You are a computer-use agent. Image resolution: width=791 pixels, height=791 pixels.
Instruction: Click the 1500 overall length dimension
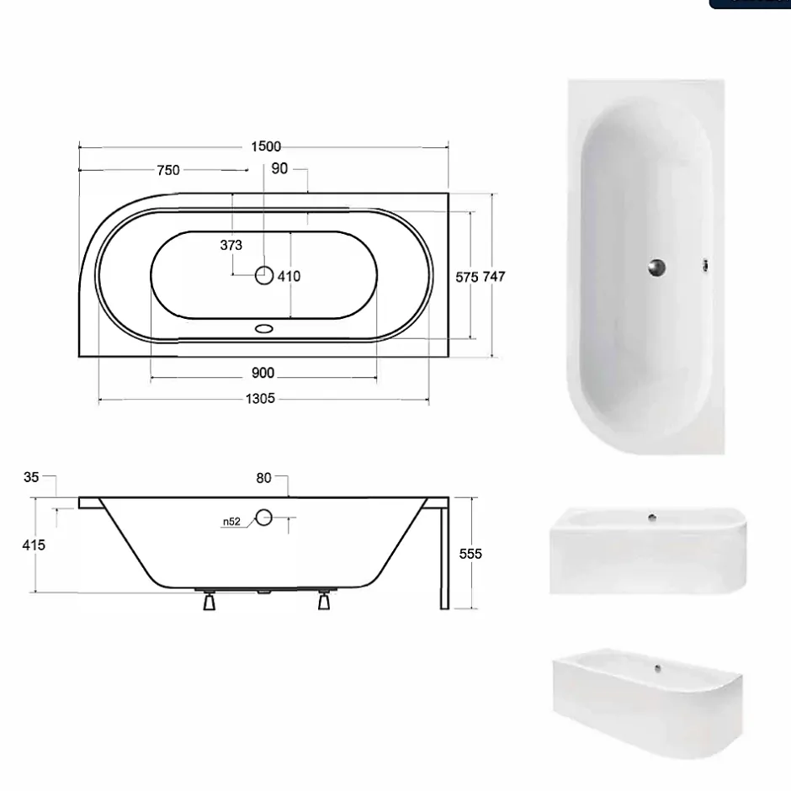(266, 146)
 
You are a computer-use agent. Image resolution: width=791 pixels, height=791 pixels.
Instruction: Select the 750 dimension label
(168, 170)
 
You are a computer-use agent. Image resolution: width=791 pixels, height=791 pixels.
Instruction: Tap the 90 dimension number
(279, 168)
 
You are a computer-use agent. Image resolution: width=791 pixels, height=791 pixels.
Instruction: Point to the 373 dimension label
(231, 245)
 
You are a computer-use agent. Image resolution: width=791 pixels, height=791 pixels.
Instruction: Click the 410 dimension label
(289, 277)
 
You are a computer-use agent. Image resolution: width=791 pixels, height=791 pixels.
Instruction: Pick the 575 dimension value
(467, 277)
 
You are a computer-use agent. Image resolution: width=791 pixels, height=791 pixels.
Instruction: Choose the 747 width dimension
(494, 277)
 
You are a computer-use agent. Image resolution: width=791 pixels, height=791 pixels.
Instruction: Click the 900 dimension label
(263, 373)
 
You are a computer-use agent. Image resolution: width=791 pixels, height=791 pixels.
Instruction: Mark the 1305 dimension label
(260, 399)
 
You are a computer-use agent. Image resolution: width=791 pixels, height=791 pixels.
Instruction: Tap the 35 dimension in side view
(31, 477)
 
